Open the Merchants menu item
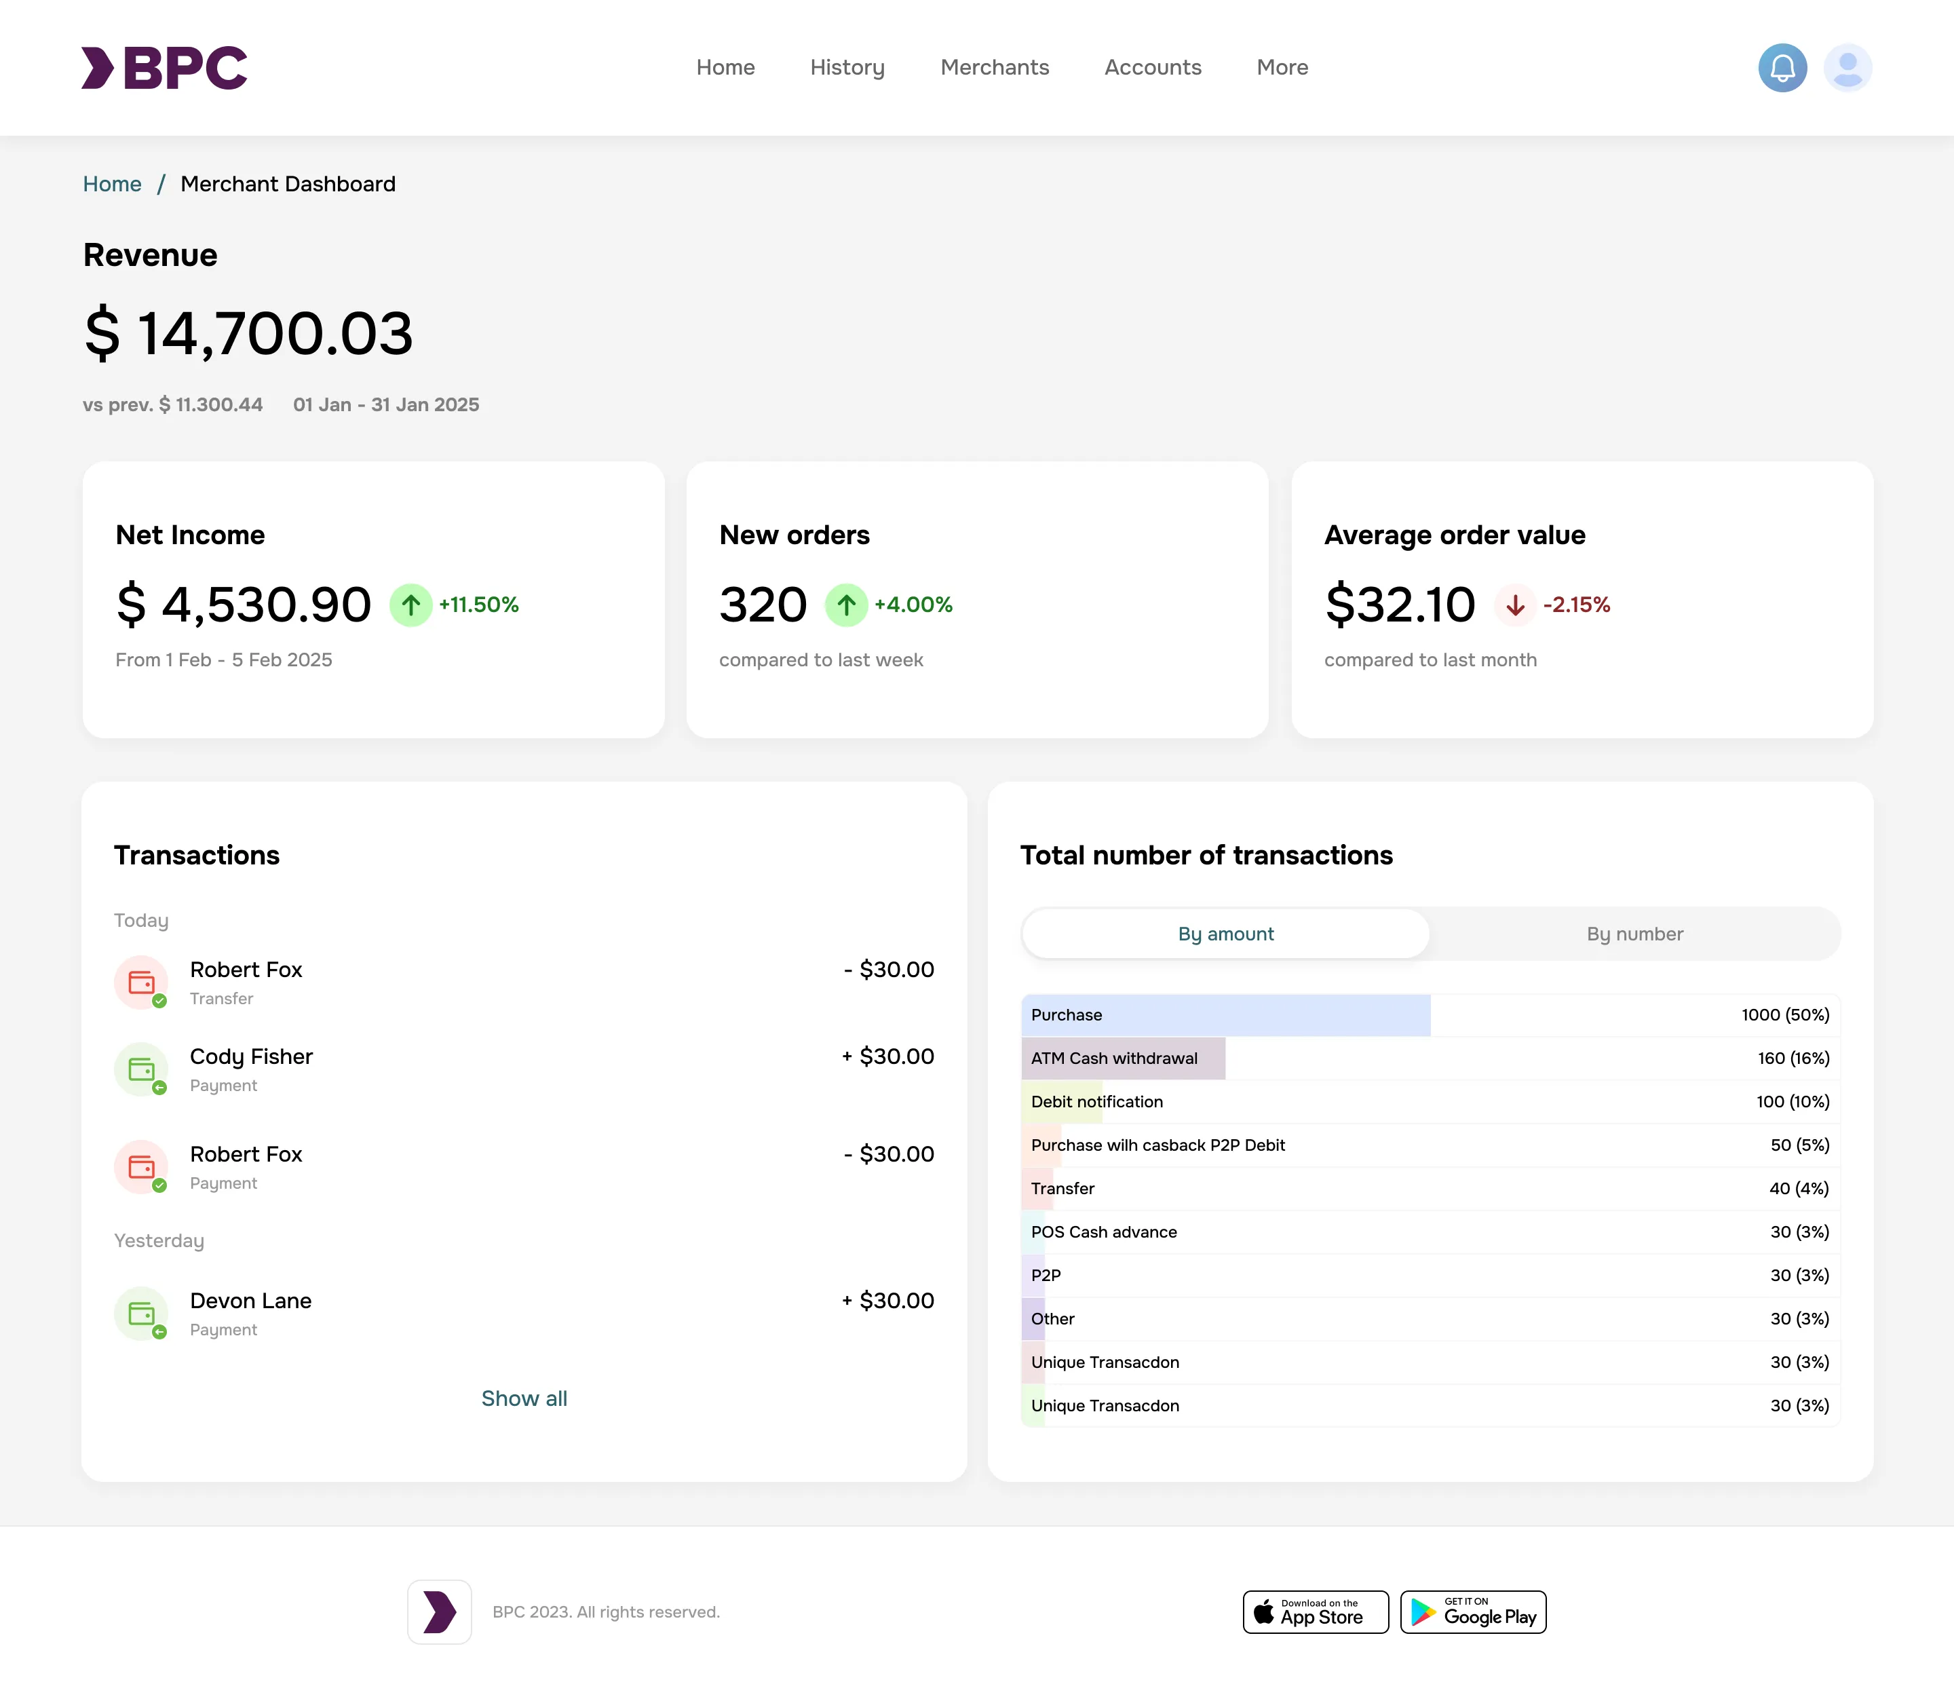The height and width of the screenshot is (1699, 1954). click(x=995, y=67)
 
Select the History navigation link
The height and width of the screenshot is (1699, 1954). click(x=847, y=67)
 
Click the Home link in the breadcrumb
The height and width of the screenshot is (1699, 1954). click(x=112, y=184)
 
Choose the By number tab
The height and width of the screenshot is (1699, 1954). click(x=1634, y=934)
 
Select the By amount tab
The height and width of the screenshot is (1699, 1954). click(x=1226, y=934)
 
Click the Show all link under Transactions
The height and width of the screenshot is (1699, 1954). click(x=524, y=1398)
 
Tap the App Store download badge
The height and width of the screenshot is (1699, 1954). click(x=1315, y=1611)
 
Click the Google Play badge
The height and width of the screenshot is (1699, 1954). click(x=1472, y=1611)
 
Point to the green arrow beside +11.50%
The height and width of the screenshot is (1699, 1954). click(x=410, y=605)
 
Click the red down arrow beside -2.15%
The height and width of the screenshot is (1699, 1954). click(x=1515, y=605)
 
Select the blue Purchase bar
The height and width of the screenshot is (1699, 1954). click(x=1226, y=1014)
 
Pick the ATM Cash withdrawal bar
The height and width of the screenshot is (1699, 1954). click(x=1124, y=1058)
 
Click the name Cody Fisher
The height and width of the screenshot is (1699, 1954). click(x=251, y=1056)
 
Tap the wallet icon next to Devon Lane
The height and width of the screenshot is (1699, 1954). click(x=141, y=1313)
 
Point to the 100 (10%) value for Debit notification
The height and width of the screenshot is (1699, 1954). click(x=1792, y=1102)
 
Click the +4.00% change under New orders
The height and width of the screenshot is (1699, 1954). click(x=913, y=605)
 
